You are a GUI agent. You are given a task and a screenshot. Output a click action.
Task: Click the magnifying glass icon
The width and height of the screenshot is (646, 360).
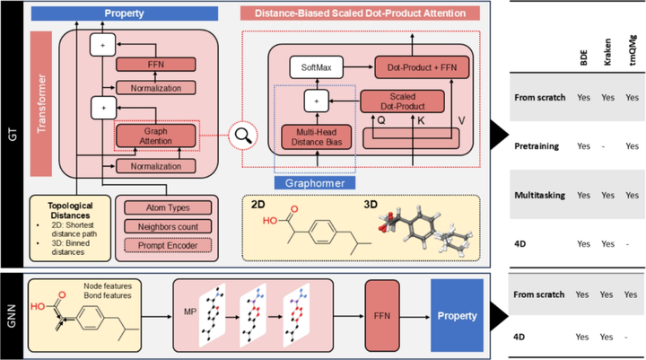tap(241, 137)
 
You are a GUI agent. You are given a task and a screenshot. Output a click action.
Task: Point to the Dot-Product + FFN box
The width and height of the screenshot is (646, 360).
tap(419, 68)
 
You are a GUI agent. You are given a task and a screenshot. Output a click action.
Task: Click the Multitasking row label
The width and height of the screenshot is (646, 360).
tap(543, 194)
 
